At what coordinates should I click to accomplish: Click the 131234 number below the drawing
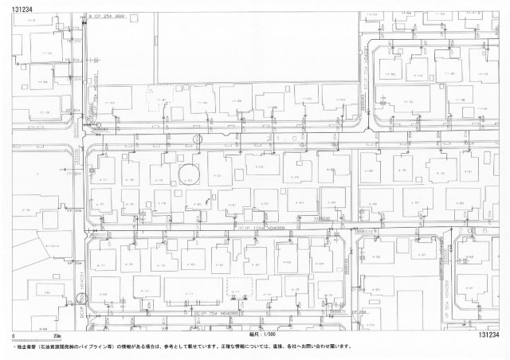(491, 335)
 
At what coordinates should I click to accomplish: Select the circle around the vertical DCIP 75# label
(79, 299)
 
